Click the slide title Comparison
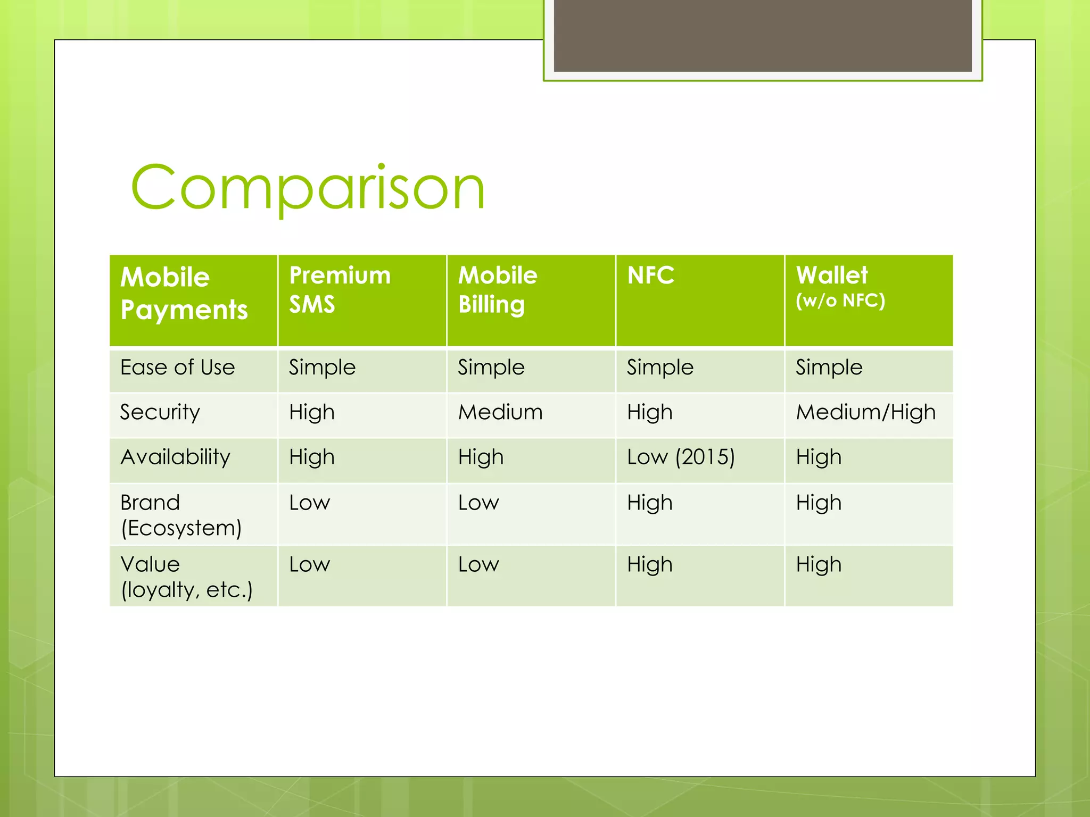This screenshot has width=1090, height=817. [308, 187]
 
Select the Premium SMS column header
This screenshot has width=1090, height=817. [340, 290]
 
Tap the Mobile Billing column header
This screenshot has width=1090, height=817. [498, 290]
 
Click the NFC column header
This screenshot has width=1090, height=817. [650, 276]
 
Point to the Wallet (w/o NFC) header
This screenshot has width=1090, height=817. [839, 287]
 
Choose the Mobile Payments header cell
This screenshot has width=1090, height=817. [184, 293]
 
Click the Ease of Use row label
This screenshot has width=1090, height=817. [177, 368]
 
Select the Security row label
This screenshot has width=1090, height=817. [160, 412]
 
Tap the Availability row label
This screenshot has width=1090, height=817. [175, 457]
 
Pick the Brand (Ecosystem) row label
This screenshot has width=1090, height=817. [181, 515]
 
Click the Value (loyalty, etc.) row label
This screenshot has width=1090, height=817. [186, 577]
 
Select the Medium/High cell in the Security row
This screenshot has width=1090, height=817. [865, 412]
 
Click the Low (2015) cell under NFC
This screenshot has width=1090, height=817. [680, 457]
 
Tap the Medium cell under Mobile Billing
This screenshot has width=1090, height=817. [500, 412]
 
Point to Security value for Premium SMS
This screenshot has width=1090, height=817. [311, 412]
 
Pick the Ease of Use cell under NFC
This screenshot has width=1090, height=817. [660, 368]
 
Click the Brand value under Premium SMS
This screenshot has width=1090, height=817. [309, 503]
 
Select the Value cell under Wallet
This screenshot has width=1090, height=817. [819, 564]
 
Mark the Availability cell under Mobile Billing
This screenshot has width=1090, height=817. [481, 457]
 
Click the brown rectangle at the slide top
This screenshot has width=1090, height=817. [762, 35]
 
